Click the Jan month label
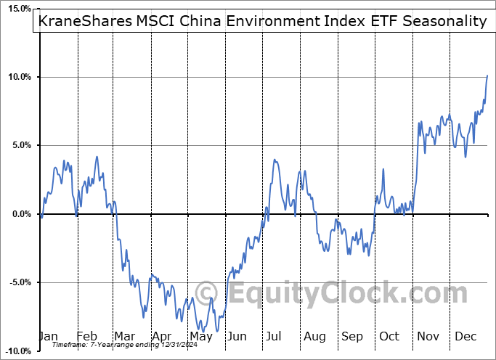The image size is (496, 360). tap(48, 337)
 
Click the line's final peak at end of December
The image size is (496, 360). tap(487, 75)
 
